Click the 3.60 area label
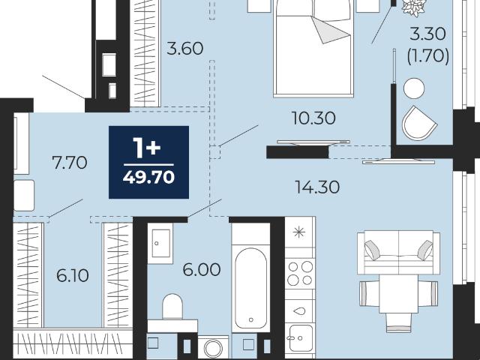(x=185, y=49)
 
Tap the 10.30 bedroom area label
(x=313, y=118)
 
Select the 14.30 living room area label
(x=317, y=187)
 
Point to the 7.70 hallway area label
(x=70, y=163)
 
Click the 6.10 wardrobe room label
(x=73, y=275)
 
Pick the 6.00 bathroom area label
(x=202, y=270)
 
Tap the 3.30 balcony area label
(x=427, y=34)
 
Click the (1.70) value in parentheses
(x=428, y=56)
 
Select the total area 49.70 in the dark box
(x=148, y=177)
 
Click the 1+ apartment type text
(x=147, y=148)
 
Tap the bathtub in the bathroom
(x=250, y=288)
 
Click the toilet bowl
(x=172, y=307)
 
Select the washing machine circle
(x=213, y=348)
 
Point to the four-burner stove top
(x=300, y=273)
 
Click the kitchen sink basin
(x=301, y=338)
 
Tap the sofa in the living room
(x=398, y=252)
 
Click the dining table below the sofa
(x=398, y=293)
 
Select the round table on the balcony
(x=414, y=88)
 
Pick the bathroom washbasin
(x=160, y=243)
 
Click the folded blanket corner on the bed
(x=331, y=30)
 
